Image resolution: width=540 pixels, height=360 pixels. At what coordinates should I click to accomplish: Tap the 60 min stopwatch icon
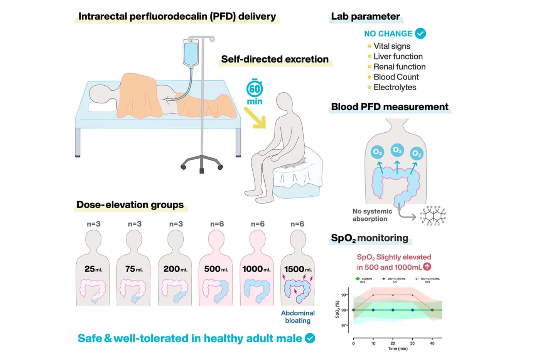(x=255, y=89)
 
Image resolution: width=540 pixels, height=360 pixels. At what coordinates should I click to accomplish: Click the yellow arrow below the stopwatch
(x=255, y=118)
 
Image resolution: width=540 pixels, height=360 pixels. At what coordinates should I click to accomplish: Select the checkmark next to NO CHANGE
(x=420, y=34)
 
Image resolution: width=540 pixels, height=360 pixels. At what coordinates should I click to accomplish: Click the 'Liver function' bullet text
(x=398, y=56)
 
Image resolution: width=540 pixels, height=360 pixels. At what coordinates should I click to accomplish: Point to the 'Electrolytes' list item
(x=395, y=87)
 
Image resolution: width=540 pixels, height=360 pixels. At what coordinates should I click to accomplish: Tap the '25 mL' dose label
(x=93, y=269)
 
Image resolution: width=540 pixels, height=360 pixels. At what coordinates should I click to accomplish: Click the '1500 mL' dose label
(x=298, y=269)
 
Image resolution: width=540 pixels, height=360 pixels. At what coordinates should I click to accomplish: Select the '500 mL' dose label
(x=216, y=269)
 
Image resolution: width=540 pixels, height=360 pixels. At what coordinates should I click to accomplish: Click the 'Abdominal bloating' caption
(x=298, y=317)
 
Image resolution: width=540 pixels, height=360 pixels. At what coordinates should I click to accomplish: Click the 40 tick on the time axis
(x=432, y=343)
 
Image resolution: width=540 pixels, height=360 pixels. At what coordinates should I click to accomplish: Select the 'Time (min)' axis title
(x=398, y=349)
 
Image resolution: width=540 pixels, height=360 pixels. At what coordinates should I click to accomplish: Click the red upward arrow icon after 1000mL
(x=427, y=267)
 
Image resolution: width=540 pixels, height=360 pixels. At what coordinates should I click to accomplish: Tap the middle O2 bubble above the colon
(x=397, y=150)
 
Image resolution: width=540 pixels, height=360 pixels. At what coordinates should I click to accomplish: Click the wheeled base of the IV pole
(x=202, y=164)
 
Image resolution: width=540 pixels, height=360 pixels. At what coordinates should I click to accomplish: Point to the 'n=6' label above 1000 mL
(x=258, y=224)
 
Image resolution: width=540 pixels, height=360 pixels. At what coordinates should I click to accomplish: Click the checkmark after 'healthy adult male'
(x=310, y=338)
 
